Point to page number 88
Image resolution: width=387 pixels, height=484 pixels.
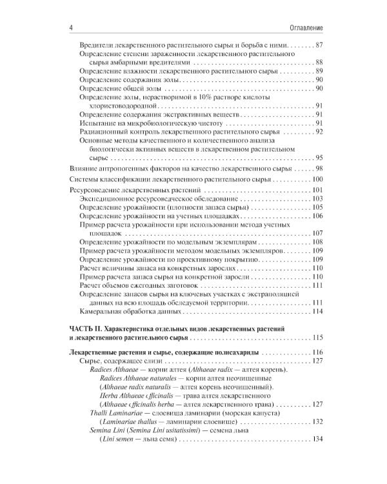(319, 63)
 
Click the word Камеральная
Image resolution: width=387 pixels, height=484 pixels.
(102, 312)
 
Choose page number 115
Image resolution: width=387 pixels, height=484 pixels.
(317, 338)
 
